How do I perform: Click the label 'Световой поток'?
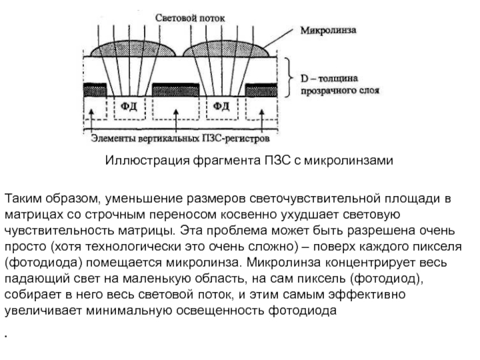pos(190,18)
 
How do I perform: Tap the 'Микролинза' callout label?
pos(328,31)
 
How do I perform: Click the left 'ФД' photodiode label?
pos(129,106)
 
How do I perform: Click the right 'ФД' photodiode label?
pos(221,106)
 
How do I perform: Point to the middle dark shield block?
pos(176,89)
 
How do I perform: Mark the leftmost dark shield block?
pos(95,89)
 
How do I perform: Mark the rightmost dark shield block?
pos(262,89)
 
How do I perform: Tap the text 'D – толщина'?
pos(329,79)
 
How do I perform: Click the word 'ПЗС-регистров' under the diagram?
pos(236,139)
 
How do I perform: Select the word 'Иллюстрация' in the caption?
pos(147,160)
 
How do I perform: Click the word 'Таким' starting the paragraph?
pos(23,199)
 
